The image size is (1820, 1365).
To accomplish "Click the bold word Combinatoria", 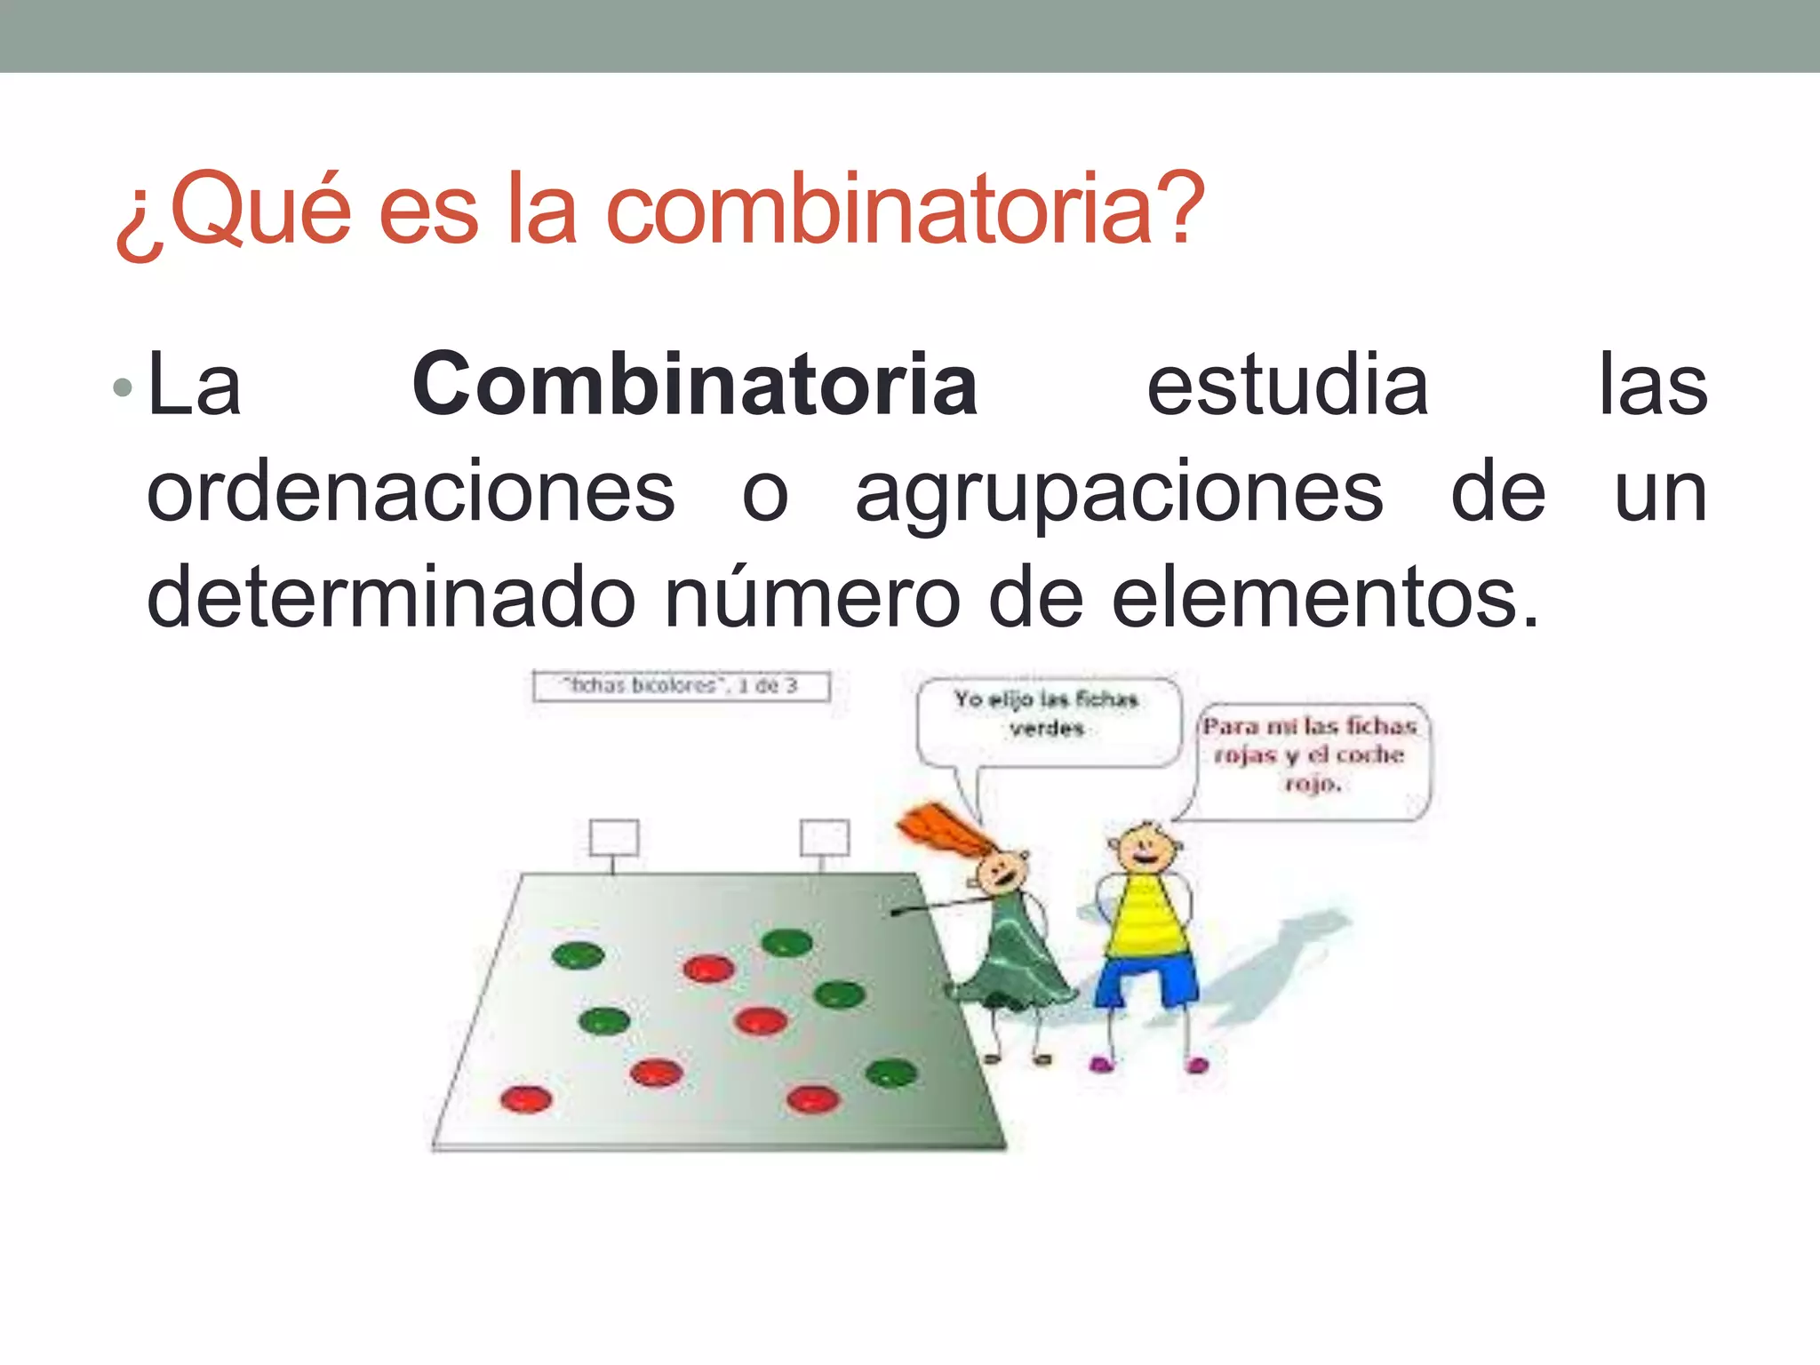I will pyautogui.click(x=695, y=385).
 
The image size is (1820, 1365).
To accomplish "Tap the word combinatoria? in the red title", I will pyautogui.click(x=905, y=209).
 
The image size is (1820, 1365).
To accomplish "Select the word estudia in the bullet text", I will pyautogui.click(x=1288, y=385).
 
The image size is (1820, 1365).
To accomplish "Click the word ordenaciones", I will pyautogui.click(x=411, y=492).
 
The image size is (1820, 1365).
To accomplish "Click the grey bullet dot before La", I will pyautogui.click(x=124, y=387).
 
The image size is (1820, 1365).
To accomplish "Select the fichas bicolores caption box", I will pyautogui.click(x=681, y=686).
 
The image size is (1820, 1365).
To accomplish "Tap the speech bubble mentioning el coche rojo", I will pyautogui.click(x=1312, y=757).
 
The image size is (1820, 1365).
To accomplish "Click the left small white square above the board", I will pyautogui.click(x=613, y=837).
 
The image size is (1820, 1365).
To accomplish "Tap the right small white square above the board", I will pyautogui.click(x=824, y=837).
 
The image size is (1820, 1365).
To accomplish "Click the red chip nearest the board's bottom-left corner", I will pyautogui.click(x=526, y=1099).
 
